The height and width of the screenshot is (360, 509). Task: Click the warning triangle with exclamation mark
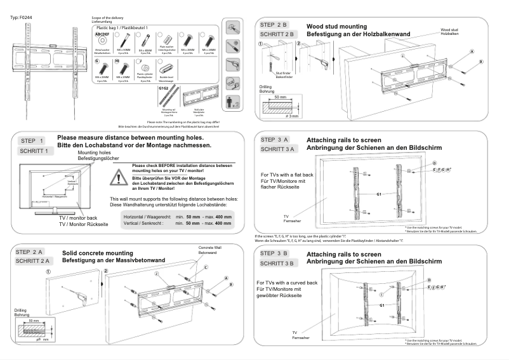click(x=119, y=178)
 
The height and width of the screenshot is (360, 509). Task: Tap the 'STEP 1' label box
click(x=32, y=141)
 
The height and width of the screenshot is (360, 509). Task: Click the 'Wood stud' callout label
click(x=450, y=29)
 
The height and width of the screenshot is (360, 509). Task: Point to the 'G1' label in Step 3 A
click(x=380, y=193)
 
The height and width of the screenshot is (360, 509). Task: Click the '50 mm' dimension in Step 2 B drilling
click(x=279, y=97)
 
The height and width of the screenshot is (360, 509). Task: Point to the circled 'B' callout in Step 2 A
click(x=232, y=284)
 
